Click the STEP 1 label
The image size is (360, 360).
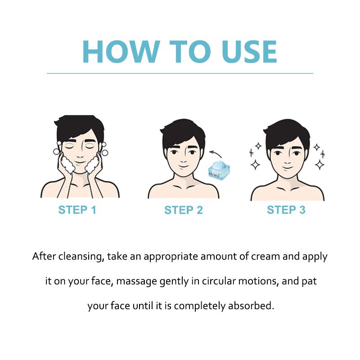pos(77,210)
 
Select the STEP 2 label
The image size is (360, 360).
pos(184,210)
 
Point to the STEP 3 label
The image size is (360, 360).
pos(286,210)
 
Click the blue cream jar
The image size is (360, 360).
pos(219,170)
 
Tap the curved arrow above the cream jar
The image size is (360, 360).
pos(216,153)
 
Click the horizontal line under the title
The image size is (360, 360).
pos(180,73)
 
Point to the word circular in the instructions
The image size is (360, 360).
pos(219,281)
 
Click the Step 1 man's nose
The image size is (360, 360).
pos(80,154)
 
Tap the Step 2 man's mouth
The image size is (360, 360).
pos(183,166)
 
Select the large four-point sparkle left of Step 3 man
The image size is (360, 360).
pos(255,164)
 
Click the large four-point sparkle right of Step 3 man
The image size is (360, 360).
pos(319,164)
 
